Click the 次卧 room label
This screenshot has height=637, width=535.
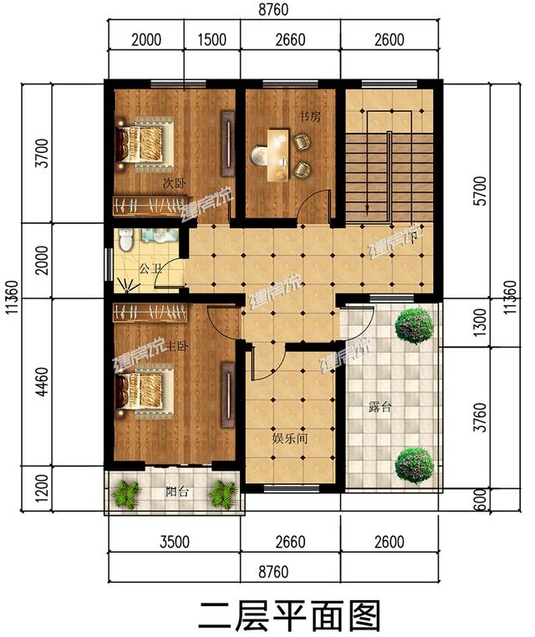[174, 181]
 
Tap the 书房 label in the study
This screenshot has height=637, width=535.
[308, 118]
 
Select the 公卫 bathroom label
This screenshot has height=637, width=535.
[150, 269]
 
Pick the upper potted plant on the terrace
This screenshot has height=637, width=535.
[414, 325]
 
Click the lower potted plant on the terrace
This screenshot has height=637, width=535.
[414, 464]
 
